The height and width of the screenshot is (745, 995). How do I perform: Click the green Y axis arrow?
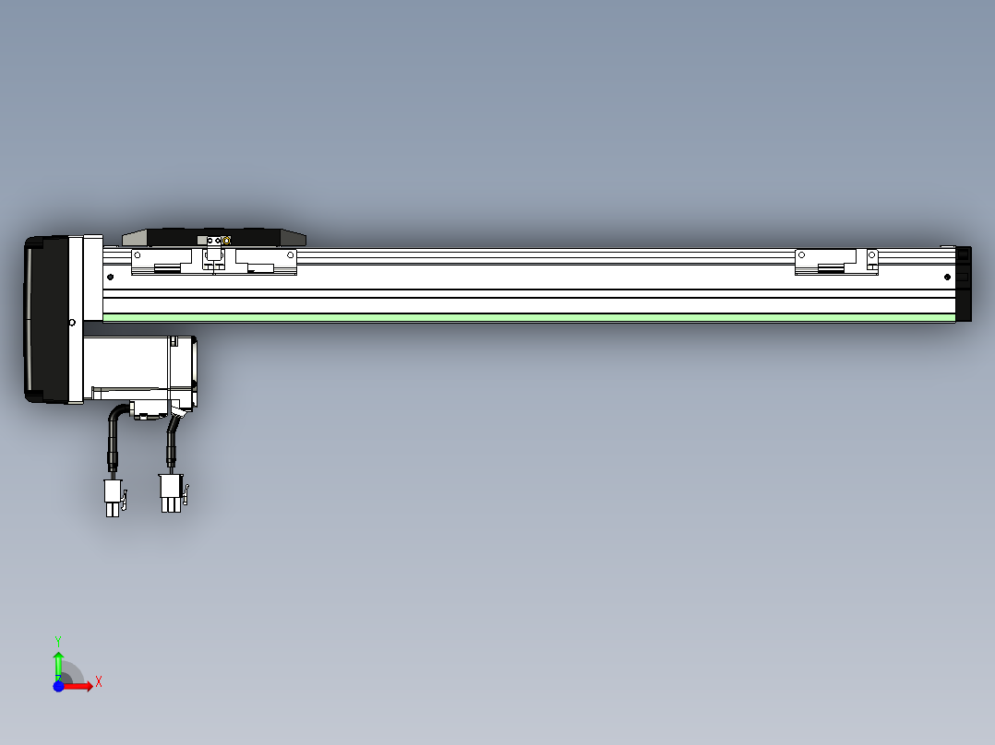(58, 662)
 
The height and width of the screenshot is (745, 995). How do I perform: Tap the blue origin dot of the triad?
(58, 686)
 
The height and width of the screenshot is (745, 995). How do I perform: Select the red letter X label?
(99, 682)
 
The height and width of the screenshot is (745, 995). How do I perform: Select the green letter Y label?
(58, 640)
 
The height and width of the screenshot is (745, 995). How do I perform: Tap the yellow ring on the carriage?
(226, 241)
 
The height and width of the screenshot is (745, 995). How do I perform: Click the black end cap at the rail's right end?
(965, 283)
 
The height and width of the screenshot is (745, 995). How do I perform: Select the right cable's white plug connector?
(171, 492)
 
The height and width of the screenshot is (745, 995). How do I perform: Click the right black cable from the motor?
(171, 443)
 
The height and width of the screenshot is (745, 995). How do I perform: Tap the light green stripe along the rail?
(526, 317)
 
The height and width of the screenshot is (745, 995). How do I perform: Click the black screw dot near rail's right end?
(947, 277)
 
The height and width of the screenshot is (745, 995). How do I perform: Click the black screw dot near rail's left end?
(110, 277)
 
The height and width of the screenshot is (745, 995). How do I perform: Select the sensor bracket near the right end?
(835, 262)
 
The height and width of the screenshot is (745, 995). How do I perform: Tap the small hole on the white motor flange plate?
(72, 323)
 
